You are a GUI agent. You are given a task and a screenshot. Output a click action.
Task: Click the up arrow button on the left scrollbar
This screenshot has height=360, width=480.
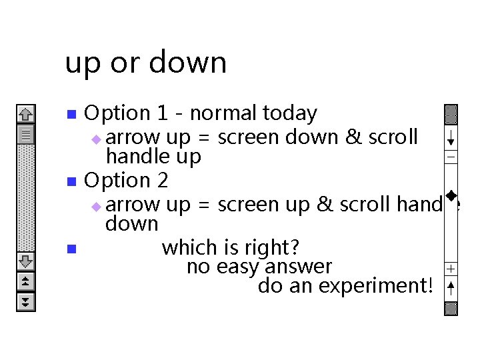click(x=25, y=115)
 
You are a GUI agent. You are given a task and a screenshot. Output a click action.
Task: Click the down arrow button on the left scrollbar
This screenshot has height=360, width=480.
click(x=25, y=261)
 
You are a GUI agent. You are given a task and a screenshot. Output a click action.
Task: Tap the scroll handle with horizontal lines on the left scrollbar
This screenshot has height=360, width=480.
click(x=25, y=135)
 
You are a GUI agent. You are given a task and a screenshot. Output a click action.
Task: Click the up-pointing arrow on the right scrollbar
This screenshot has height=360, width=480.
click(x=451, y=288)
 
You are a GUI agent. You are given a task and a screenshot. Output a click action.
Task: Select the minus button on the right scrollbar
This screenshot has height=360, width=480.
click(x=451, y=157)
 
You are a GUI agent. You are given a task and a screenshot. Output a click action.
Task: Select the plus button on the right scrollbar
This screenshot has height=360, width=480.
click(x=451, y=269)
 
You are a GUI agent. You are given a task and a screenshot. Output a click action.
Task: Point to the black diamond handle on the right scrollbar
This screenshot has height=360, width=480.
click(x=451, y=195)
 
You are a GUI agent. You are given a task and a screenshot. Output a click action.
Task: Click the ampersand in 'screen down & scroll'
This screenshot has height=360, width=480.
click(x=351, y=137)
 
